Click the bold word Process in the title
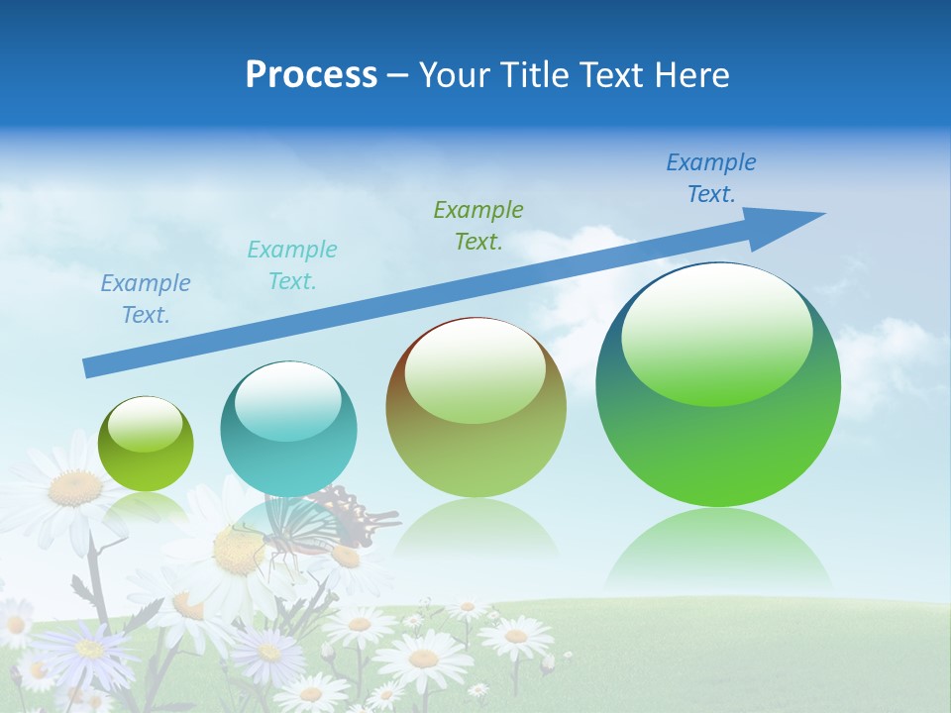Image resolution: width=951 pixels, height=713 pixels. coord(311,75)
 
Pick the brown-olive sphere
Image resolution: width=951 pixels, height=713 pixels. coord(475,456)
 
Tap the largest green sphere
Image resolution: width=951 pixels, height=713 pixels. coord(718,446)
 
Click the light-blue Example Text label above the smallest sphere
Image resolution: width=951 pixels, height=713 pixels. coord(145,299)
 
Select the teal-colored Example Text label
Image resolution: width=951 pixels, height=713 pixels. coord(291,265)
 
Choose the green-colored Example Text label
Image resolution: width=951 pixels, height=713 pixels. coord(477,225)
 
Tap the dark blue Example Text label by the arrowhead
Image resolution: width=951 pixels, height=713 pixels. coord(710,178)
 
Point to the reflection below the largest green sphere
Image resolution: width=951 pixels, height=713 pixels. coord(718,550)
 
